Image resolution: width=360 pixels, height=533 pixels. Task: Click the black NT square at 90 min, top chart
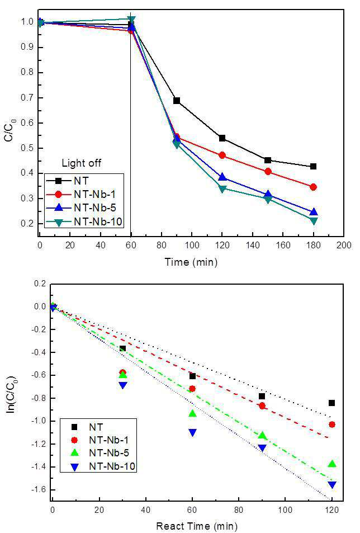[177, 101]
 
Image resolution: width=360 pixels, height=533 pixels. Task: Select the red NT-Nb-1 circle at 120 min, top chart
[222, 155]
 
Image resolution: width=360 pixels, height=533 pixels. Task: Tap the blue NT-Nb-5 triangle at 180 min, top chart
[314, 212]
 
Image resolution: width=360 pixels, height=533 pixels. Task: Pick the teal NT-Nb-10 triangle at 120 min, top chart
[222, 189]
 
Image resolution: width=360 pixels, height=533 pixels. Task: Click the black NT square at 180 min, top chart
[314, 166]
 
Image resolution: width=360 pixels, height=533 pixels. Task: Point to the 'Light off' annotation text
[82, 163]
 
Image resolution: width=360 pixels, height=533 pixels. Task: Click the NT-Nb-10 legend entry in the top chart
[84, 222]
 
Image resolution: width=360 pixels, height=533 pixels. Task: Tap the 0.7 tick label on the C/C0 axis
[27, 98]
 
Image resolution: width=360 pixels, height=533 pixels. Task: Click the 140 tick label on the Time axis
[252, 245]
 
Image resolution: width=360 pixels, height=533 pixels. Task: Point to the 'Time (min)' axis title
[191, 262]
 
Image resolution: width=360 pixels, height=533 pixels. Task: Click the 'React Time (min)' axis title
[197, 526]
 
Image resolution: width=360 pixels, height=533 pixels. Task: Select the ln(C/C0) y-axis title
[12, 394]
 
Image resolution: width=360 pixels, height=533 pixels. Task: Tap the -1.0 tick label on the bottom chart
[39, 421]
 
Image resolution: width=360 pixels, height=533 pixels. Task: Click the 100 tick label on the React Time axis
[285, 510]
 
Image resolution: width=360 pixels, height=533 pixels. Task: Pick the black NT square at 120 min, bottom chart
[332, 403]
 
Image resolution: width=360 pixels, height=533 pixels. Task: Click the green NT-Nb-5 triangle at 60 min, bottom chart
[192, 413]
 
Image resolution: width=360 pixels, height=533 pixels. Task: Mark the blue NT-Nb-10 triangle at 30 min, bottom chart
[123, 385]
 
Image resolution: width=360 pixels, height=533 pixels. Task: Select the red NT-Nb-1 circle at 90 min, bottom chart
[262, 405]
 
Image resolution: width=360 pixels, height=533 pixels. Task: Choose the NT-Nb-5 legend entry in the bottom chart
[99, 453]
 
